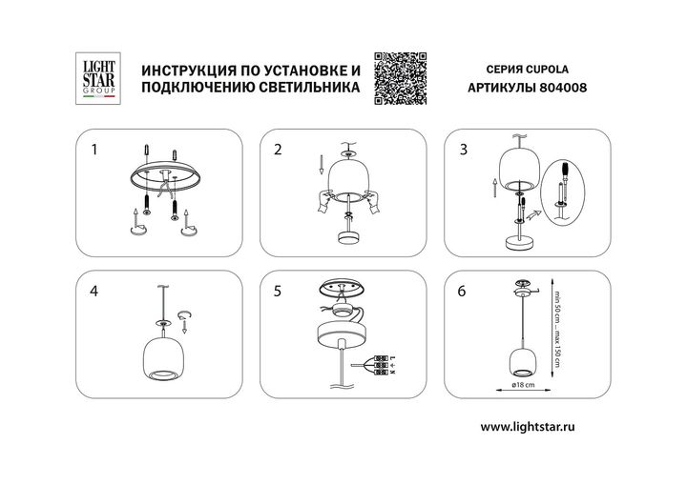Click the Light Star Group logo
point(95,78)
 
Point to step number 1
point(94,150)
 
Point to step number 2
point(278,150)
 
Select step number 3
point(464,150)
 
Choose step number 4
point(94,293)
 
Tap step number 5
point(278,293)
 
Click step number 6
point(464,293)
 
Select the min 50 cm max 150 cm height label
point(556,323)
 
